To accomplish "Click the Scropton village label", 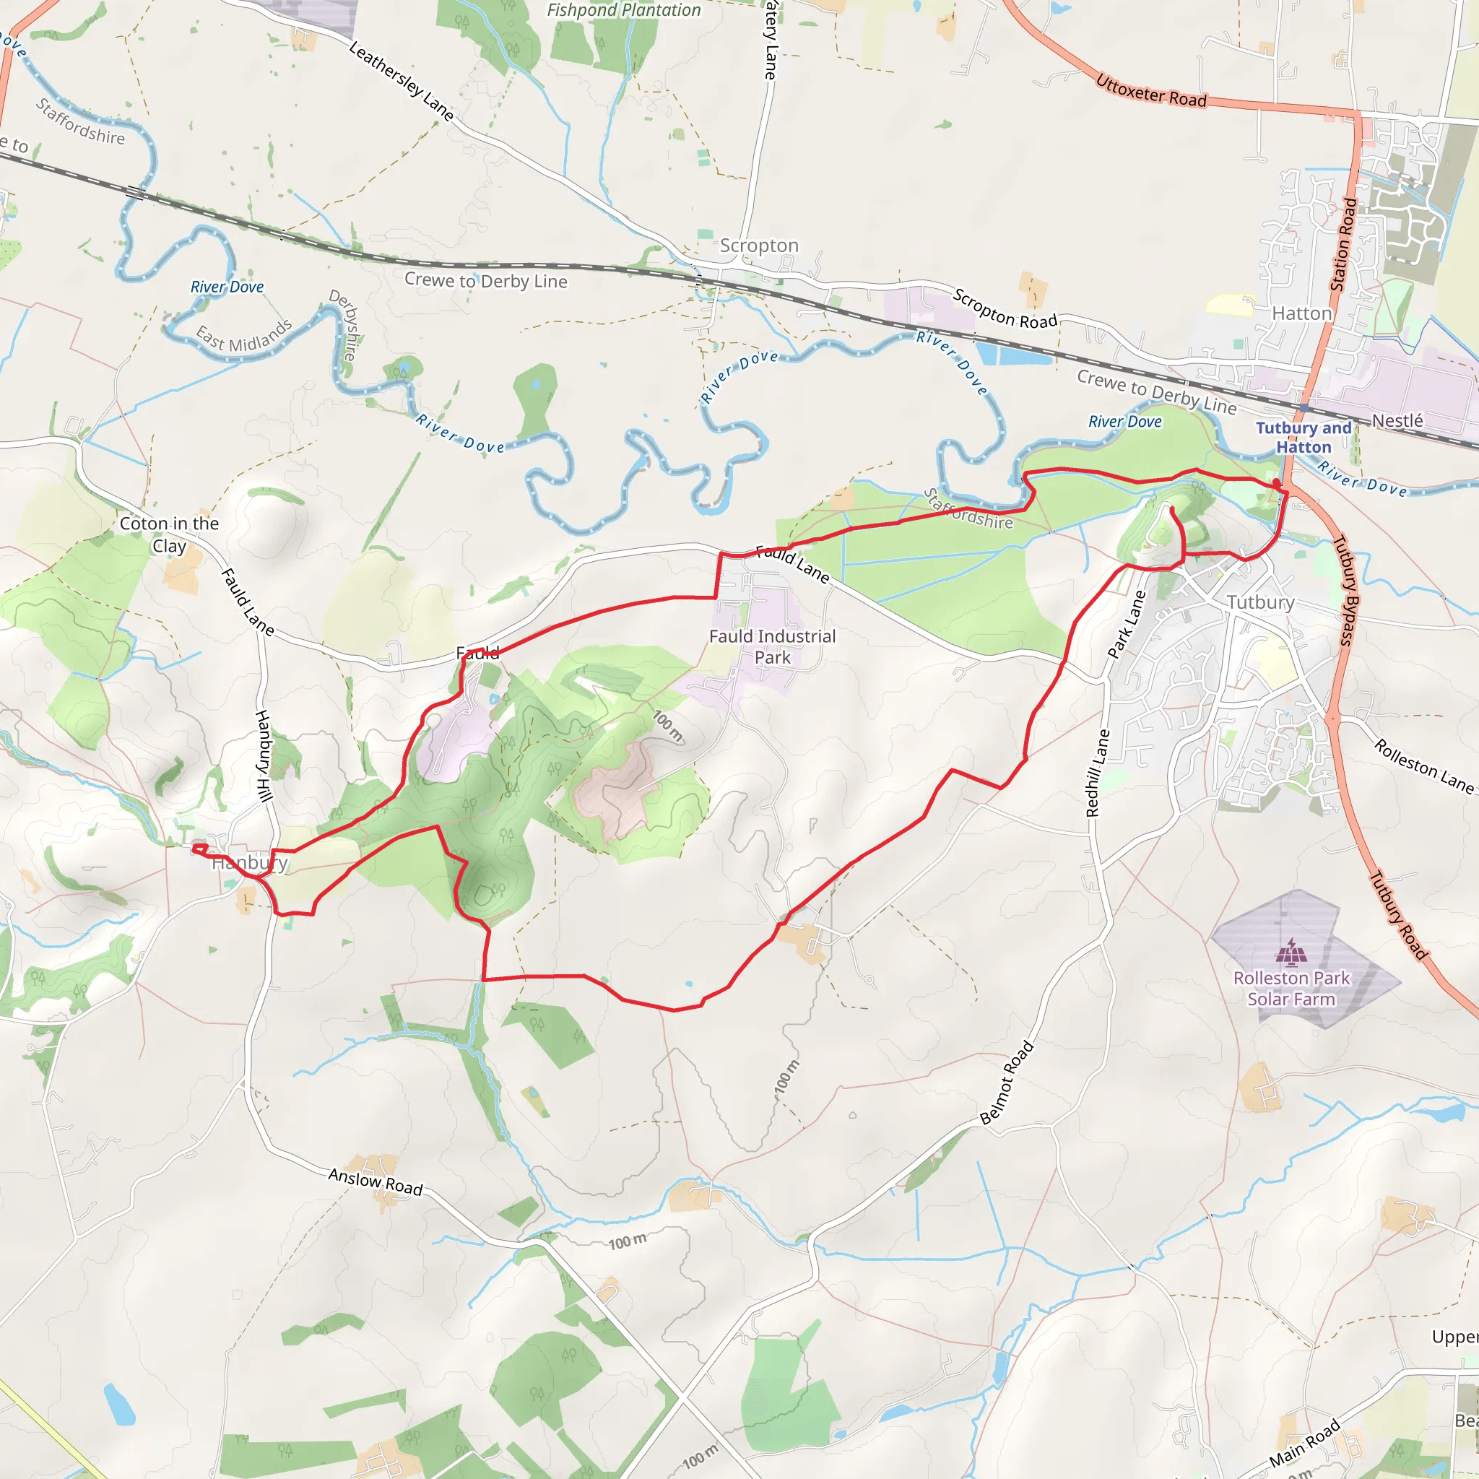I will coord(759,246).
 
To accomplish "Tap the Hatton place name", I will coord(1301,314).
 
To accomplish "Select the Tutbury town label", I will coord(1260,602).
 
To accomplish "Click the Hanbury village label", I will coord(250,863).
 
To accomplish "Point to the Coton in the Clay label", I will coord(169,534).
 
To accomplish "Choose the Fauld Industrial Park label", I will coord(772,647).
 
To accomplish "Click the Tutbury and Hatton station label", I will coord(1303,437).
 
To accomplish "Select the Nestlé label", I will coord(1397,420).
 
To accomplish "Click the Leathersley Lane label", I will coord(401,81).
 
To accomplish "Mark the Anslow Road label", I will coord(375,1182).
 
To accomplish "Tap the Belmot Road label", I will coord(1007,1083).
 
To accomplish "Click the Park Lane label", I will coord(1127,624).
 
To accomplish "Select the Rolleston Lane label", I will coord(1423,765).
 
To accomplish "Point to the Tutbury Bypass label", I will coord(1344,590).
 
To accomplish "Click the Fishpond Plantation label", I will coord(623,10).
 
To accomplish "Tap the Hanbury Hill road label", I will coord(264,755).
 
